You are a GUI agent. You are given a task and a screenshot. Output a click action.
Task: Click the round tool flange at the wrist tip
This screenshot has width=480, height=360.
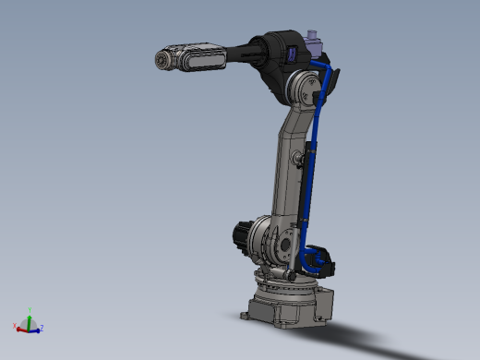point(162,60)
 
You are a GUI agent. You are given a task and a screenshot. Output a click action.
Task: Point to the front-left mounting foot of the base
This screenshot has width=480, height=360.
point(247,316)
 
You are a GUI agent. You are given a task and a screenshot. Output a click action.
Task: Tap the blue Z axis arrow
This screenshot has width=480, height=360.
point(37,327)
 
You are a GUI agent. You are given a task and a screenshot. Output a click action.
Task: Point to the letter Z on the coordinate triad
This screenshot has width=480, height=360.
point(43,328)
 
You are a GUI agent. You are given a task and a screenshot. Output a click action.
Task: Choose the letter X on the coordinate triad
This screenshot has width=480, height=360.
point(14,325)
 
